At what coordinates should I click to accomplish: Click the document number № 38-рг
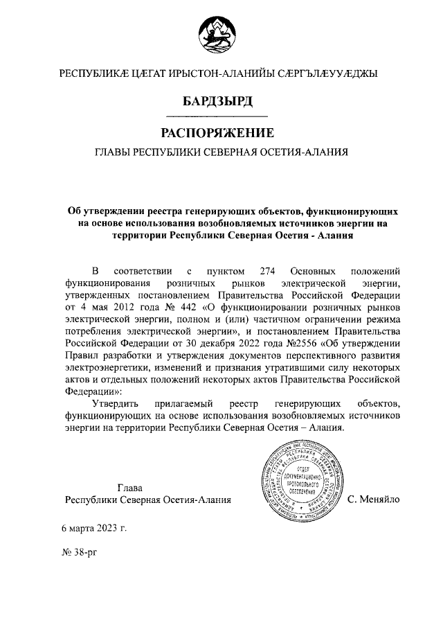pyautogui.click(x=80, y=555)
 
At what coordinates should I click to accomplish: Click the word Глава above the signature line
pyautogui.click(x=132, y=487)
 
